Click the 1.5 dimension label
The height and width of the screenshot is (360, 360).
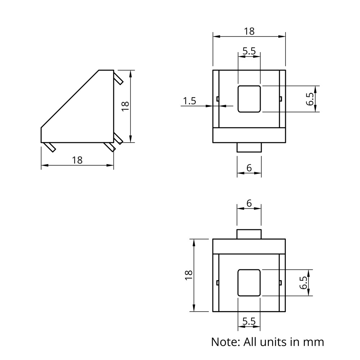coord(189,101)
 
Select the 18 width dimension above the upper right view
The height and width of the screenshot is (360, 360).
coord(249,31)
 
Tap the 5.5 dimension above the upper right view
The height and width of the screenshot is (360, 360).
coord(249,51)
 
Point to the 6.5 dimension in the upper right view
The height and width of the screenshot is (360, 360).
coord(310,99)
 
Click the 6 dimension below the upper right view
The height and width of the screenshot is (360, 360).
coord(249,168)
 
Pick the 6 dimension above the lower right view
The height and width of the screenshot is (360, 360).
coord(249,203)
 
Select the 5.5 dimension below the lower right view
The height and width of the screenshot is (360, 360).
coord(249,321)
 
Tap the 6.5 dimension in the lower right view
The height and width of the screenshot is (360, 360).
coord(303,283)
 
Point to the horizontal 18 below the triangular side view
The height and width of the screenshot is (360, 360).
coord(77,160)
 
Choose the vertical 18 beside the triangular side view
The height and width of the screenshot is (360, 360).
coord(125,106)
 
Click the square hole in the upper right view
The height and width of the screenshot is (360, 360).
coord(249,99)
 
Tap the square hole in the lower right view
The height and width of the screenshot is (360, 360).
coord(249,283)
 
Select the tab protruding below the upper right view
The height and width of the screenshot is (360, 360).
coord(249,147)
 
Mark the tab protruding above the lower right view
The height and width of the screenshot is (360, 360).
coord(249,234)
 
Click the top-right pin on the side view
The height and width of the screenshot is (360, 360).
coord(118,78)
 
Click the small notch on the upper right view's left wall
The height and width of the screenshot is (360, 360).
coord(217,99)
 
